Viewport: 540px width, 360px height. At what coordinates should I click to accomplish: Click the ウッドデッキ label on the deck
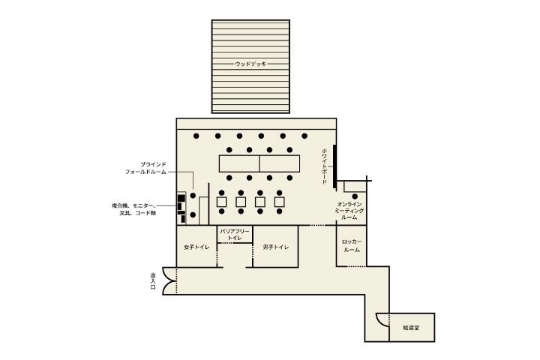click(x=250, y=64)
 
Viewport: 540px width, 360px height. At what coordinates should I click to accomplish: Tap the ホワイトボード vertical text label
click(x=325, y=166)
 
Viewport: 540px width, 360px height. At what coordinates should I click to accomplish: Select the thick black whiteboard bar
click(x=334, y=166)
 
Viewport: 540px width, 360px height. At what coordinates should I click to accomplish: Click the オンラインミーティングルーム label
click(x=349, y=211)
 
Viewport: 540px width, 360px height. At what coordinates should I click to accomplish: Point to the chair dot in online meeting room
click(x=355, y=196)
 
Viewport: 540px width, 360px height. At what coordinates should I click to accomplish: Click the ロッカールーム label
click(x=352, y=246)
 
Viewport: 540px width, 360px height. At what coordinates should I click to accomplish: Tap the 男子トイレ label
click(x=275, y=247)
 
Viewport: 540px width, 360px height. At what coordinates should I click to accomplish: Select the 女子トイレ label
click(x=196, y=247)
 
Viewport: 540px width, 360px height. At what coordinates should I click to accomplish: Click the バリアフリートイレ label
click(x=235, y=234)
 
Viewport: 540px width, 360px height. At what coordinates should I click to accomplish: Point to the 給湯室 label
click(x=411, y=328)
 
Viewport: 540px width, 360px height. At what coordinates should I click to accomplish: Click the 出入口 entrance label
click(x=153, y=280)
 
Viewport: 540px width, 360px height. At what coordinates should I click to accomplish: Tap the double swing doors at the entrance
click(x=169, y=280)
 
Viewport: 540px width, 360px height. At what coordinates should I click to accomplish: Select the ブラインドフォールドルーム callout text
click(x=145, y=168)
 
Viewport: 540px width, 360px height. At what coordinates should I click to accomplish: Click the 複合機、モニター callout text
click(x=133, y=209)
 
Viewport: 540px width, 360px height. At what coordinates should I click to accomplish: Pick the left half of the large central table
click(x=239, y=163)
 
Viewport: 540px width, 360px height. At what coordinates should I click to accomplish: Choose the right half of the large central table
click(x=280, y=163)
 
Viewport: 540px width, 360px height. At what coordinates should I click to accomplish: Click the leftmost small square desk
click(x=222, y=202)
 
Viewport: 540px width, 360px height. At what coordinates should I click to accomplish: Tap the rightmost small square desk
click(x=279, y=202)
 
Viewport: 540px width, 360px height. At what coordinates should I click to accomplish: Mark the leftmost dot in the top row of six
click(x=196, y=136)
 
